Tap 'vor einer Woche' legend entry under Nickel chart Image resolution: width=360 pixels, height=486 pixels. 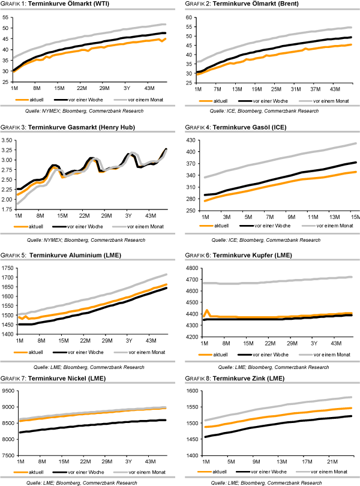pos(92,471)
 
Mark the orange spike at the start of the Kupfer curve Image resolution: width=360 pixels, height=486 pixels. pos(207,311)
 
